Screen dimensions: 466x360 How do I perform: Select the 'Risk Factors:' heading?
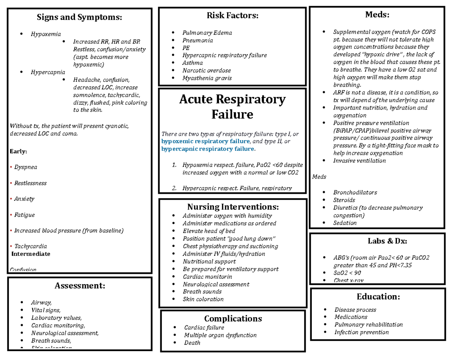pyautogui.click(x=232, y=16)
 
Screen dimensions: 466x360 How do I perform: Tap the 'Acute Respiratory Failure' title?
pyautogui.click(x=232, y=107)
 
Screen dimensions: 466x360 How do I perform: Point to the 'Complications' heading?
pyautogui.click(x=233, y=318)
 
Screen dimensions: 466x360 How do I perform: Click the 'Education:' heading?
pyautogui.click(x=378, y=297)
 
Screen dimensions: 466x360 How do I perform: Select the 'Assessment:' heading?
pyautogui.click(x=80, y=286)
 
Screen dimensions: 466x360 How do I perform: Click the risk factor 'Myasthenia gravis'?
pyautogui.click(x=207, y=78)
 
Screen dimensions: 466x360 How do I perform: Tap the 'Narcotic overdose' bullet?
pyautogui.click(x=207, y=70)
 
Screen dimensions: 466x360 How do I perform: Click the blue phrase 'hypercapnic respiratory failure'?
pyautogui.click(x=208, y=149)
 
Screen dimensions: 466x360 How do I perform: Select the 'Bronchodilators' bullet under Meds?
pyautogui.click(x=355, y=192)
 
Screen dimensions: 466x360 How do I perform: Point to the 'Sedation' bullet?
pyautogui.click(x=345, y=223)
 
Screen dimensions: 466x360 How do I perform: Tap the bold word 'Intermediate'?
pyautogui.click(x=31, y=254)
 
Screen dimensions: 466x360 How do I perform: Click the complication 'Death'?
pyautogui.click(x=192, y=343)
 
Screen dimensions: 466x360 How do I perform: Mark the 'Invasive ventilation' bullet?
pyautogui.click(x=360, y=160)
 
